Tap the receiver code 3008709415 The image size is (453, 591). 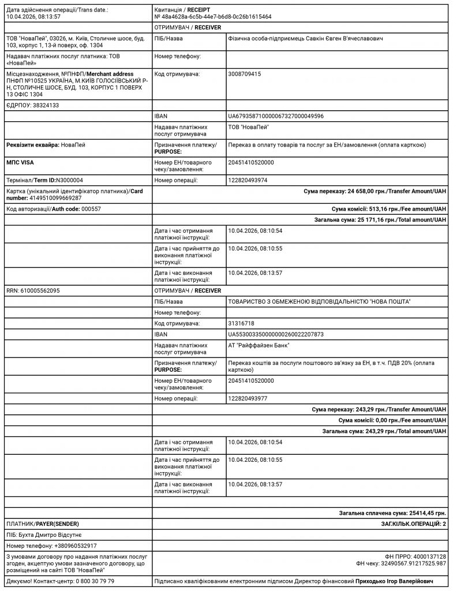[245, 74]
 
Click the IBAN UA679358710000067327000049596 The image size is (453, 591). [276, 116]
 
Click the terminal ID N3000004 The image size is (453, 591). [69, 181]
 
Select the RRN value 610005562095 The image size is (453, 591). [40, 290]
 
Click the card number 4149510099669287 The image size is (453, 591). [44, 198]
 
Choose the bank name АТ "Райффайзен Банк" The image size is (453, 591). [259, 345]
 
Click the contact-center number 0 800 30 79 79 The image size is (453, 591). [95, 581]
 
